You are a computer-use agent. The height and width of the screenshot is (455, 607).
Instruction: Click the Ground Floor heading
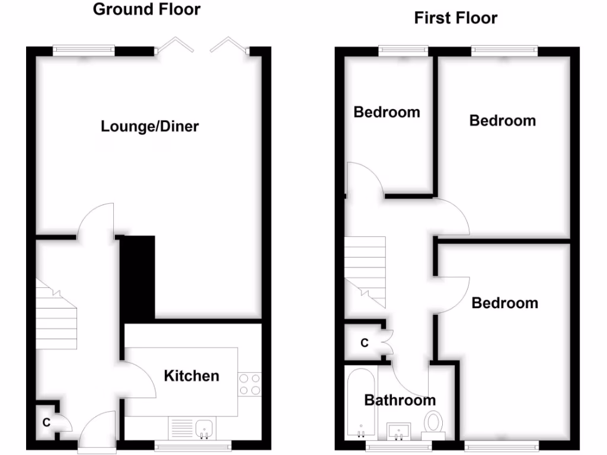tap(146, 9)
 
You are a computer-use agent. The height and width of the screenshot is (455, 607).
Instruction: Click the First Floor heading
tap(455, 18)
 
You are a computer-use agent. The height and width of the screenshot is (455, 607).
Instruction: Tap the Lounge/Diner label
tap(149, 126)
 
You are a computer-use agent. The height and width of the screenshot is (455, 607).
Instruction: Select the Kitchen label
tap(191, 376)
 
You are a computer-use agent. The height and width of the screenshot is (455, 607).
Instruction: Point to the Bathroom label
tap(400, 400)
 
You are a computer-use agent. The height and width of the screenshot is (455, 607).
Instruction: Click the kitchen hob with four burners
tap(250, 384)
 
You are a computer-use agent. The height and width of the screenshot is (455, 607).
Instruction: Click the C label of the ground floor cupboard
tap(46, 422)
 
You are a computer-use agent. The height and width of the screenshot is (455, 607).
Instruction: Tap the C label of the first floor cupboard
tap(365, 343)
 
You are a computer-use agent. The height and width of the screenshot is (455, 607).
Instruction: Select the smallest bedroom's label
tap(386, 112)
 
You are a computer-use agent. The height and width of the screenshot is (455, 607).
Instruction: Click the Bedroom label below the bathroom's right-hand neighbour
tap(504, 303)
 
